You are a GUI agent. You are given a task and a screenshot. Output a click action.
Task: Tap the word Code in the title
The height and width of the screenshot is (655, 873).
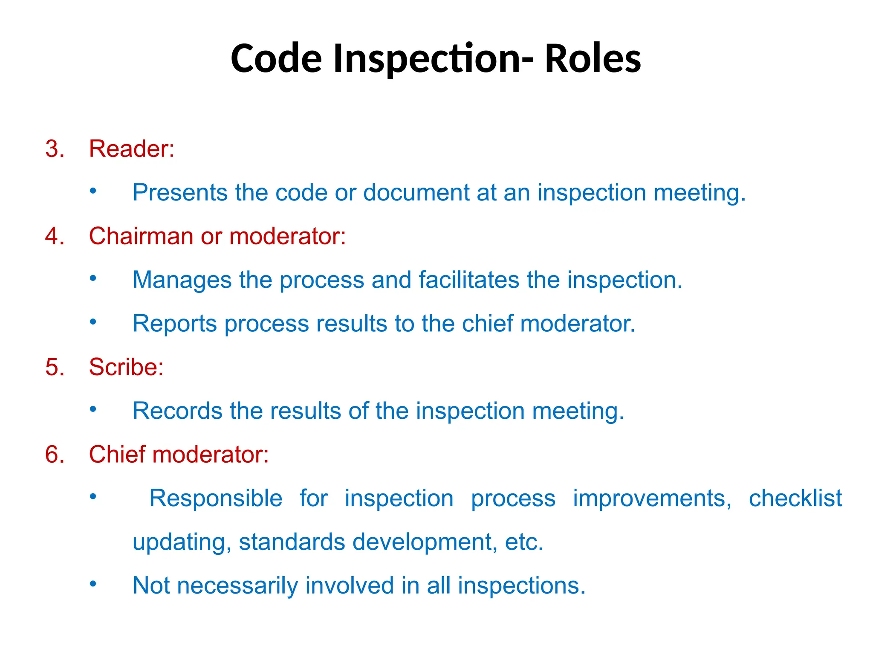[276, 59]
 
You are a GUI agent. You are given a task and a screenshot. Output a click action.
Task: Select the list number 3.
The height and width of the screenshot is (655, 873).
[55, 149]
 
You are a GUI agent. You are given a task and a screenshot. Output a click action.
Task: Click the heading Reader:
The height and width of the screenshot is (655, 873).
[132, 149]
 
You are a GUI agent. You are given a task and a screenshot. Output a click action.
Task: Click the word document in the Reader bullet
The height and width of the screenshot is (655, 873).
[416, 192]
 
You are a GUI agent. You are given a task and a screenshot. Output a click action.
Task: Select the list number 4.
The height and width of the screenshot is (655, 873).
[55, 236]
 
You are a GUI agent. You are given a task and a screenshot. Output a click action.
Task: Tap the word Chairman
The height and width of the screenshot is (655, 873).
[141, 236]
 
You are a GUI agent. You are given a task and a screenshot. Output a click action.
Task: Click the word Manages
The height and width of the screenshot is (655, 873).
[182, 280]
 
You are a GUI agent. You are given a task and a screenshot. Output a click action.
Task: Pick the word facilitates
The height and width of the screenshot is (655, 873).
[469, 280]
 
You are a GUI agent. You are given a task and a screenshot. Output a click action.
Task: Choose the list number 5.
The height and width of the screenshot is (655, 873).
[55, 367]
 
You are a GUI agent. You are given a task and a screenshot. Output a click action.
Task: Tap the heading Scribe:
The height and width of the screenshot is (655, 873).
[126, 367]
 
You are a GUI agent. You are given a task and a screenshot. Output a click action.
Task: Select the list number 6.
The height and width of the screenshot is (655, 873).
[55, 454]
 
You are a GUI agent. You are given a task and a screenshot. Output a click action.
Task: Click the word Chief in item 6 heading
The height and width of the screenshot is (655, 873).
[117, 454]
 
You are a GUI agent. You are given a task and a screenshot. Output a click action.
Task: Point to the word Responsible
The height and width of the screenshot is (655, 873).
[216, 498]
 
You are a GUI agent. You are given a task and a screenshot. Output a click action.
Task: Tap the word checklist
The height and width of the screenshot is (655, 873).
[795, 498]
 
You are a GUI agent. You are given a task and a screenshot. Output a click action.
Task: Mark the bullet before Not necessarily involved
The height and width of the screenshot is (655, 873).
[93, 583]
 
